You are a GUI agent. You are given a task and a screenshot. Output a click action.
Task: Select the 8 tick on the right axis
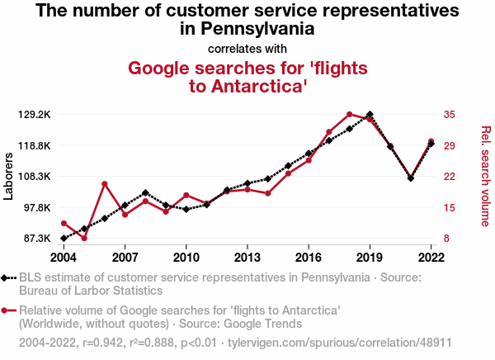pyautogui.click(x=445, y=239)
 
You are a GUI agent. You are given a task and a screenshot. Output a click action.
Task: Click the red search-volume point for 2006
pyautogui.click(x=105, y=184)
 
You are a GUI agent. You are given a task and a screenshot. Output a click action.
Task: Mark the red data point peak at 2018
pyautogui.click(x=350, y=115)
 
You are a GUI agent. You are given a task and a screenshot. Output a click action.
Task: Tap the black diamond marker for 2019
pyautogui.click(x=370, y=115)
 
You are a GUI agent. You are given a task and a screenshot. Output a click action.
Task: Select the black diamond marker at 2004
pyautogui.click(x=64, y=239)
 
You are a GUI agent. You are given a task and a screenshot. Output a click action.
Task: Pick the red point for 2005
pyautogui.click(x=84, y=239)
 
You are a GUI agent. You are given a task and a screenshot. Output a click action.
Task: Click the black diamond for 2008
pyautogui.click(x=145, y=193)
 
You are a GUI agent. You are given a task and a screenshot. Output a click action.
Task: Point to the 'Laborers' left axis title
pyautogui.click(x=9, y=176)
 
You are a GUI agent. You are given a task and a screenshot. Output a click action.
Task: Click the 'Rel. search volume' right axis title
pyautogui.click(x=485, y=176)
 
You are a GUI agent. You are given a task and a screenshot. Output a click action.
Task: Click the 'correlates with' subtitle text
pyautogui.click(x=247, y=48)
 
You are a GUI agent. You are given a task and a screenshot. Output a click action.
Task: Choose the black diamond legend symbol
pyautogui.click(x=9, y=278)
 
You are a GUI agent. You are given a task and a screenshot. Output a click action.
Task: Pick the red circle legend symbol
pyautogui.click(x=9, y=310)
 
